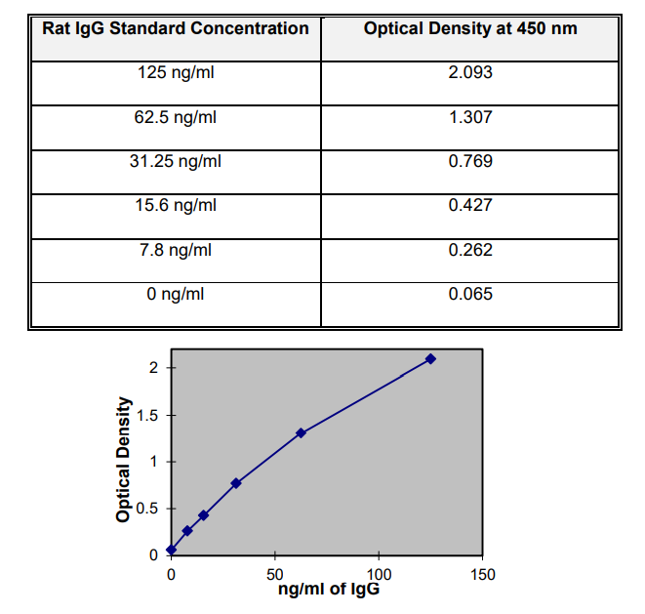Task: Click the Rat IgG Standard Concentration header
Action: tap(176, 28)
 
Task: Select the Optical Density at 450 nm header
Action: tap(470, 28)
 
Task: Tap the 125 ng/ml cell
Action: tap(176, 73)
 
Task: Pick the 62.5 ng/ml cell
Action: tap(176, 117)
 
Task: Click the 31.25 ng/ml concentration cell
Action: tap(176, 161)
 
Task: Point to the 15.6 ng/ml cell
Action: tap(176, 205)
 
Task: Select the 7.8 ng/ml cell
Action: tap(176, 249)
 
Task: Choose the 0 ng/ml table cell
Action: tap(176, 293)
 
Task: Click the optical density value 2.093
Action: tap(470, 73)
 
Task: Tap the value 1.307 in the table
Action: tap(470, 117)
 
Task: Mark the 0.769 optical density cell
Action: tap(470, 161)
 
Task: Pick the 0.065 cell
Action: tap(470, 293)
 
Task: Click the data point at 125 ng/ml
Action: tap(430, 359)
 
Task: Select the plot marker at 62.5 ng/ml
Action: tap(301, 432)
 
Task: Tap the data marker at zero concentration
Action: tap(172, 550)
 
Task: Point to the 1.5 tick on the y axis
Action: tap(145, 415)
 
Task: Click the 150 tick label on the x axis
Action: tap(482, 575)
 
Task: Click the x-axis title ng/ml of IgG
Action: tap(328, 591)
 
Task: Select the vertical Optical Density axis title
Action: tap(124, 460)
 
